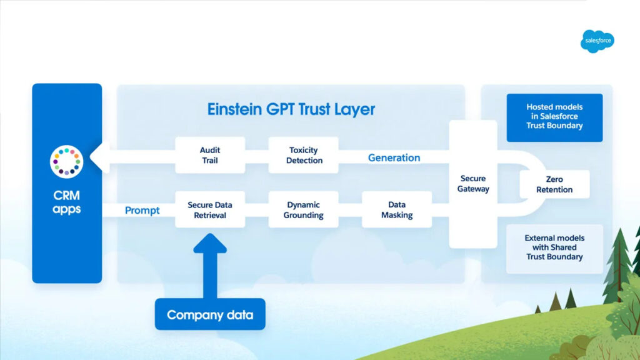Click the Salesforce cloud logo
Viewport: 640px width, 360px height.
(x=597, y=41)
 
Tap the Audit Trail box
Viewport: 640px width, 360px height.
(x=210, y=155)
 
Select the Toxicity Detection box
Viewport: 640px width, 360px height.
(x=304, y=155)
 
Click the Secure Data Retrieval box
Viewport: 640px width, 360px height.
(x=210, y=210)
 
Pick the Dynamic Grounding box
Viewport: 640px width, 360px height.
(x=304, y=210)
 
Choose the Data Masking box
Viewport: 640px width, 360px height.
(x=397, y=210)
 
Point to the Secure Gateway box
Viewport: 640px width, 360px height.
(x=473, y=184)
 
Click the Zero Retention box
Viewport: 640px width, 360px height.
(x=554, y=184)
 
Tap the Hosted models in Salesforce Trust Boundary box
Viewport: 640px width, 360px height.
(x=554, y=117)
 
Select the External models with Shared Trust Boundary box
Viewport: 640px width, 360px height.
(x=554, y=247)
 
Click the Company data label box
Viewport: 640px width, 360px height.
(x=210, y=314)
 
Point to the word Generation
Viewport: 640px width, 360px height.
(x=394, y=157)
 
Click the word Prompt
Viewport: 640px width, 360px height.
(x=142, y=211)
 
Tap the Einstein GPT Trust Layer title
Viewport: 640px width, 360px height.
(x=291, y=110)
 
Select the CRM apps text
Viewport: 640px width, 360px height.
(x=66, y=203)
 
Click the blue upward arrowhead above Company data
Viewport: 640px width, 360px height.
(x=210, y=244)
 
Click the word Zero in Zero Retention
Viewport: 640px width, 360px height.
(x=554, y=179)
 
